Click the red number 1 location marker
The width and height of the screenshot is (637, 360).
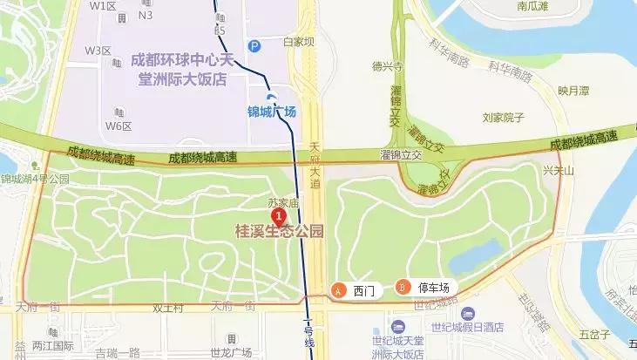[x=278, y=214]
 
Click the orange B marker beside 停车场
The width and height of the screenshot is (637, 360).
[x=403, y=286]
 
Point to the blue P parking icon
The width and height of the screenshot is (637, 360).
[x=254, y=46]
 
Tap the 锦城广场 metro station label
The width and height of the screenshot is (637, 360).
[x=272, y=112]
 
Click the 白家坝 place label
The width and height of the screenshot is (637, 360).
[x=298, y=42]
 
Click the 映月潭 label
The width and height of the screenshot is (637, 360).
[x=574, y=90]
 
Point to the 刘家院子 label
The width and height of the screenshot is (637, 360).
[x=502, y=117]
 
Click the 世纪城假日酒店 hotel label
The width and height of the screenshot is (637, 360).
[x=474, y=327]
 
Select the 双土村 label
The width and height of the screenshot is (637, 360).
[x=168, y=308]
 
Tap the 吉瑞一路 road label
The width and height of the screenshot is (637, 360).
[x=118, y=352]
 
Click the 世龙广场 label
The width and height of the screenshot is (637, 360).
[x=230, y=352]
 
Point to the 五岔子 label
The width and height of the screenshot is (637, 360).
[x=593, y=334]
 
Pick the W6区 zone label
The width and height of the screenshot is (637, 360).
[x=119, y=126]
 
